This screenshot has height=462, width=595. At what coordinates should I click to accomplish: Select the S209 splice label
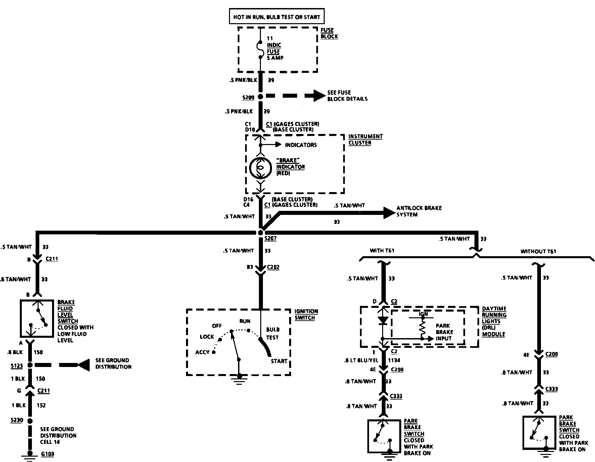coord(248,98)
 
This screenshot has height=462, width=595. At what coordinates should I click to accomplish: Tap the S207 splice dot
coord(261,233)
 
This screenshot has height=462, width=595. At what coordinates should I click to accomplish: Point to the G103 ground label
coord(47,454)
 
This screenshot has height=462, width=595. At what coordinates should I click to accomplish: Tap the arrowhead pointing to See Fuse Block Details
coord(319,96)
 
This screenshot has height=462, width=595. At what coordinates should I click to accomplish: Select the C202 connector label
coord(273,267)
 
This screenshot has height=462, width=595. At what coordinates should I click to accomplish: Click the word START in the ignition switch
coord(279,361)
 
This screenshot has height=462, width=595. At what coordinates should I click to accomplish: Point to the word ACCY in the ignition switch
coord(202,352)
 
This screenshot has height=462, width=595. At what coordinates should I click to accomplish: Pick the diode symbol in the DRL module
coord(382,320)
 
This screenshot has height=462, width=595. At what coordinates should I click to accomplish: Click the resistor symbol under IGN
coord(423,327)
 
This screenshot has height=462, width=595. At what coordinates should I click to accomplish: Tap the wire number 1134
coord(395,360)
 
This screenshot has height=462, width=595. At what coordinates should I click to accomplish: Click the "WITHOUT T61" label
coord(538,251)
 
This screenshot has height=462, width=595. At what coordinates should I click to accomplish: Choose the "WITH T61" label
coord(382,250)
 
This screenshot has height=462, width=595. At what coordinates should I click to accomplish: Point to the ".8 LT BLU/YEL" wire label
coord(362,360)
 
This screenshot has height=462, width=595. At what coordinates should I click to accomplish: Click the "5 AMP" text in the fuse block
coord(275,58)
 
